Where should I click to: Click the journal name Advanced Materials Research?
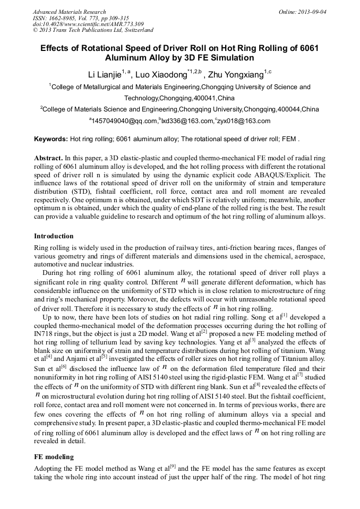(x=69, y=12)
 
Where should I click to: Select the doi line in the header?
(x=88, y=24)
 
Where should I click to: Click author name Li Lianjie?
(x=105, y=75)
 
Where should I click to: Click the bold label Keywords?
(x=51, y=139)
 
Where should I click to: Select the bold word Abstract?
(x=48, y=158)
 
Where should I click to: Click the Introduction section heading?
(x=54, y=236)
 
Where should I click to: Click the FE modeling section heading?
(x=54, y=456)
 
